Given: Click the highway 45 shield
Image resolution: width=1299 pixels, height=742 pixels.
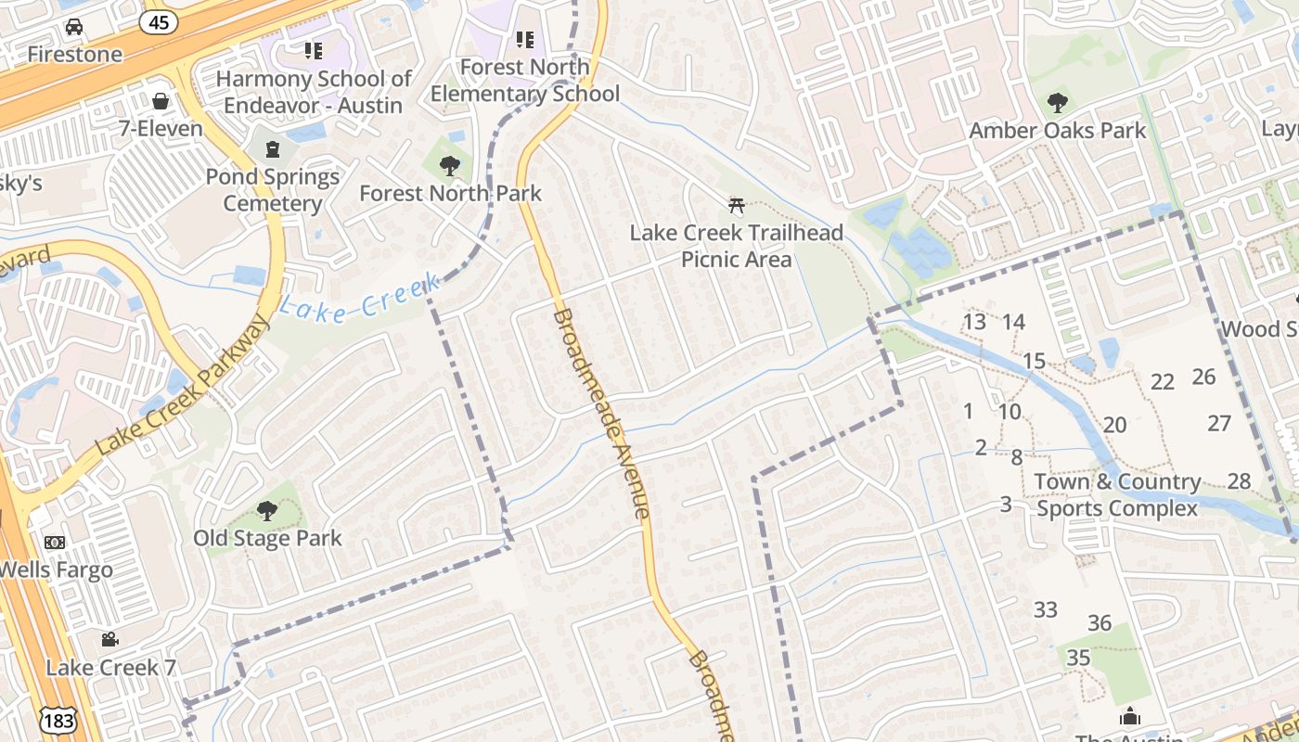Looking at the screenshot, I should pos(159,20).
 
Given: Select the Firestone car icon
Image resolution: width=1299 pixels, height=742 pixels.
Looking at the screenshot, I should pos(74,27).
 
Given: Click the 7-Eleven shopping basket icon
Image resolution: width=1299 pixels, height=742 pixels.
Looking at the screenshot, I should pos(161,100).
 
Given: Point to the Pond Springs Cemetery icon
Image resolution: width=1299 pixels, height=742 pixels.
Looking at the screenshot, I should pos(272,148).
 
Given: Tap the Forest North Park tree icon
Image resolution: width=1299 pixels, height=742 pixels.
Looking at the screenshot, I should pos(450,166).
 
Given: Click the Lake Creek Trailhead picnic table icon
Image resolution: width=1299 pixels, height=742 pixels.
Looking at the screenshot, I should pos(737,205).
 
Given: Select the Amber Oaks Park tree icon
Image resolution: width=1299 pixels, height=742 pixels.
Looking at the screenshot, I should pos(1057,103).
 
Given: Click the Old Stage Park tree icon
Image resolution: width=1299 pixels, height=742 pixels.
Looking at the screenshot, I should pos(267,510).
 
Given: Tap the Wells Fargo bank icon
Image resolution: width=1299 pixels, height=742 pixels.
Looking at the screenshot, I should pos(55,542).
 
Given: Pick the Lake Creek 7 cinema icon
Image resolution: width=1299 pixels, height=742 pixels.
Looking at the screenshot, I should pos(109,639).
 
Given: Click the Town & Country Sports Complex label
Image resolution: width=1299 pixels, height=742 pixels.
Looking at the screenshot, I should pos(1117,494).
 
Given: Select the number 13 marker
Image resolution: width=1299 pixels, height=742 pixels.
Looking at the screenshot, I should pos(974,322).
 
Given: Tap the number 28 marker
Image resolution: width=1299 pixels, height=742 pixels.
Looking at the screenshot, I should pos(1239,480).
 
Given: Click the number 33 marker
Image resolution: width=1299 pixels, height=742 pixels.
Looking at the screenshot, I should pos(1046,609).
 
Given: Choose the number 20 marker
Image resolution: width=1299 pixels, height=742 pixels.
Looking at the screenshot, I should pos(1114,425).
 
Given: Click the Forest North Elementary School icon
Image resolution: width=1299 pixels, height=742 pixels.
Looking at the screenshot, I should pos(525,40).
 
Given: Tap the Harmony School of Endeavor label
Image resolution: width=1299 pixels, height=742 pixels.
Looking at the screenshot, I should pos(314,92).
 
